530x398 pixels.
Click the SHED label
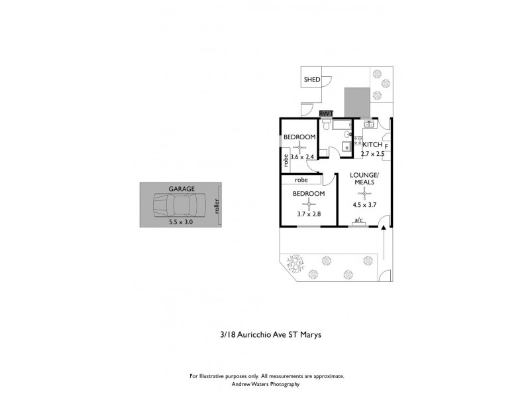click(x=312, y=80)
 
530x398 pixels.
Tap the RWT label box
click(x=326, y=114)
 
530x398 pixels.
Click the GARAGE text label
click(x=181, y=189)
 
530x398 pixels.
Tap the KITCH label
click(x=372, y=144)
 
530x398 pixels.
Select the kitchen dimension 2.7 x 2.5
click(x=372, y=154)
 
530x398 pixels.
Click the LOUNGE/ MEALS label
click(x=363, y=179)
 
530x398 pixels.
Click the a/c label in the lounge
click(x=359, y=220)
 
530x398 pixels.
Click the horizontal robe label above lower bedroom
click(x=301, y=179)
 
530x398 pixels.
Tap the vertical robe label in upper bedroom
click(x=286, y=160)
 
